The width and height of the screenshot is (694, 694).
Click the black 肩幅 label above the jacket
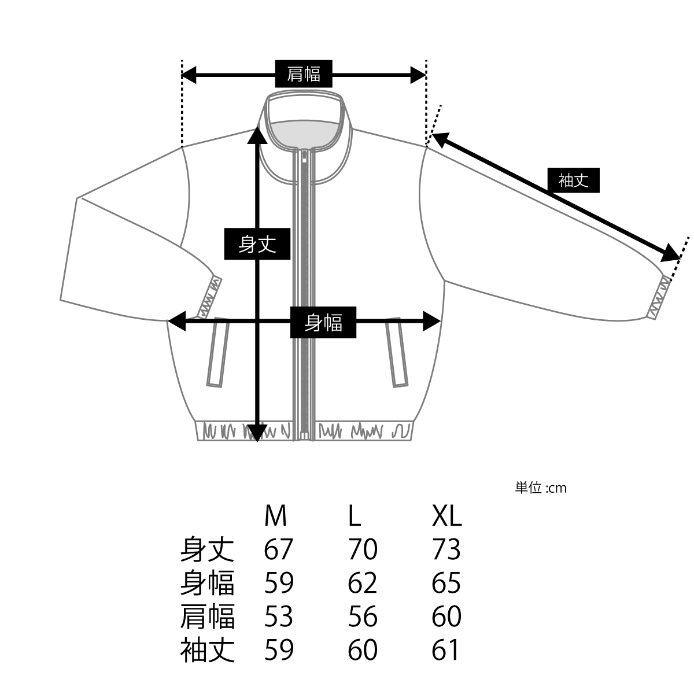pos(304,74)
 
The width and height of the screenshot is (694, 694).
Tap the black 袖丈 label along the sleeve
pos(573,180)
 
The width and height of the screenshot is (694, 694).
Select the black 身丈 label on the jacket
pos(257,244)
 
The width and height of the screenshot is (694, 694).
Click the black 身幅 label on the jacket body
pos(323,322)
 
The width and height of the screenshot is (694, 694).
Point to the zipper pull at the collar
pos(305,158)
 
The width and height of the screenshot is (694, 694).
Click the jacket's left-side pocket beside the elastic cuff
pos(218,352)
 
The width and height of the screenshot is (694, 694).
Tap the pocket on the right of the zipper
pos(397,352)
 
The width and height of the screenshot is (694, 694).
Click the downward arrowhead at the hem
pos(257,433)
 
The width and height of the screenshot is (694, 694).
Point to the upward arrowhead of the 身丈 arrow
pos(257,135)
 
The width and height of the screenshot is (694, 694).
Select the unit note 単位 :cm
pos(541,488)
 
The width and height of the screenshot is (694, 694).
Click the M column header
pos(275,516)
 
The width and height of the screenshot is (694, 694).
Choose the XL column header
pos(446,516)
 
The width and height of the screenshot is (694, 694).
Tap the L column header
pos(355,516)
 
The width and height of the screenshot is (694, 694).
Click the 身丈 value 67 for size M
pos(278,549)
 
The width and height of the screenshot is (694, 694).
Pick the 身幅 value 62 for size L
pos(362,583)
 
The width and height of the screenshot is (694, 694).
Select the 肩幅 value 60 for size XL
pos(446,617)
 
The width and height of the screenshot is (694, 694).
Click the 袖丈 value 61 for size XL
pos(445,650)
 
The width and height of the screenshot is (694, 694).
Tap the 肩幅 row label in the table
pos(208,617)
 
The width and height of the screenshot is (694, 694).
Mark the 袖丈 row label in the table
pos(208,650)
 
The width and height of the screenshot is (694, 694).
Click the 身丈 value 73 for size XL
pos(446,549)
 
